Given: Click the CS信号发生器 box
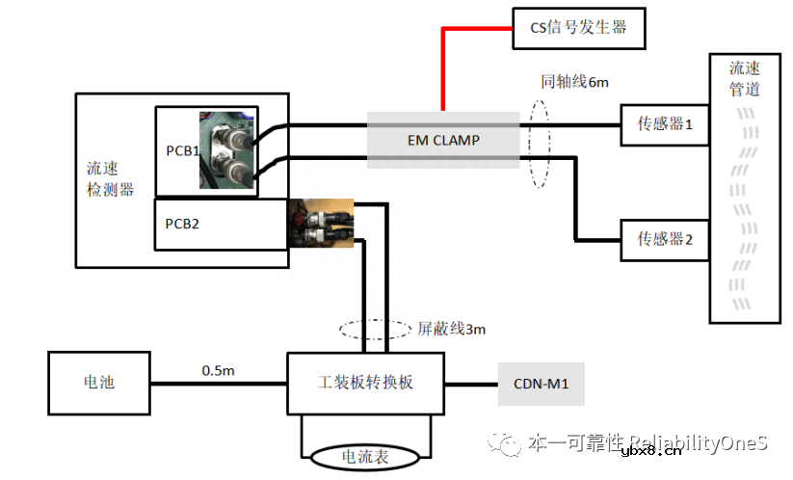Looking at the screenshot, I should click(x=577, y=27).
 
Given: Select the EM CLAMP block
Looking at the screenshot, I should click(x=442, y=140).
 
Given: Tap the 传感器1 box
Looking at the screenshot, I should click(x=665, y=123).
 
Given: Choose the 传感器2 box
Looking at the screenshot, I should click(x=665, y=238).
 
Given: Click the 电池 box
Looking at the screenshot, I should click(x=99, y=383).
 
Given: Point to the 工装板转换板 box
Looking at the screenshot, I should click(x=365, y=383).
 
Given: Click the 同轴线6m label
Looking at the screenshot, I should click(x=574, y=82).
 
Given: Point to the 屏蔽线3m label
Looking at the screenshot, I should click(x=451, y=330).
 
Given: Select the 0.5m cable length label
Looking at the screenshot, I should click(x=218, y=369).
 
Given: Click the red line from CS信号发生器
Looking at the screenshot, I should click(x=443, y=67).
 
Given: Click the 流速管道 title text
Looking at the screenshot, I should click(x=744, y=79).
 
